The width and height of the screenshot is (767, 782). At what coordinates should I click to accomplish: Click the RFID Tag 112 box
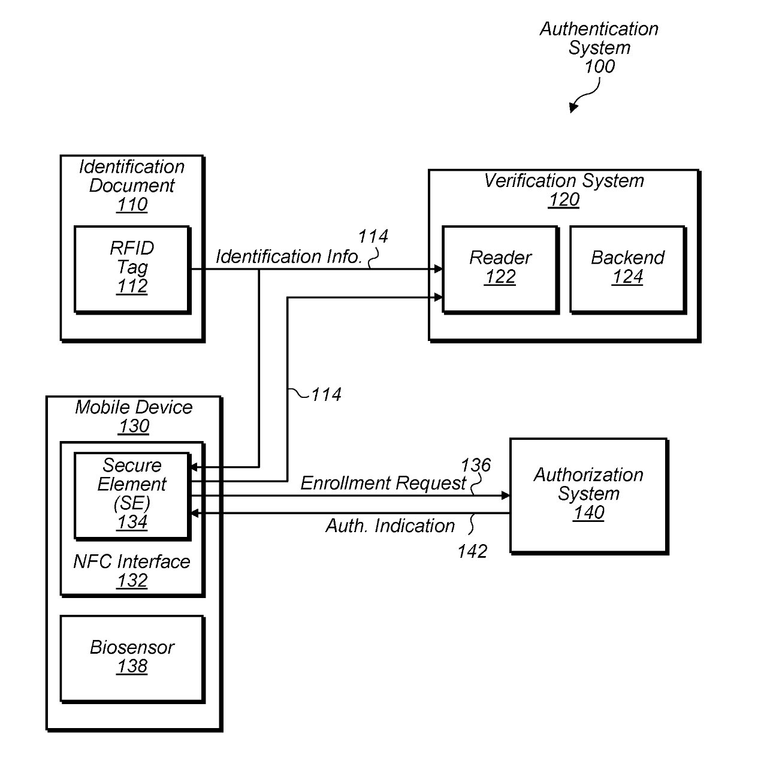click(x=132, y=268)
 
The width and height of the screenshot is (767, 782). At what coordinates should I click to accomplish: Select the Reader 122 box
click(x=500, y=268)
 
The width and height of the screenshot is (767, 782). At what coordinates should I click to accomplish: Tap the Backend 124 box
click(x=627, y=268)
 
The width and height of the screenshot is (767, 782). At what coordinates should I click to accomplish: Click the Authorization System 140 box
click(x=588, y=495)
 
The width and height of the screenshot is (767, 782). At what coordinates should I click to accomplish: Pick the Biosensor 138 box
click(x=132, y=658)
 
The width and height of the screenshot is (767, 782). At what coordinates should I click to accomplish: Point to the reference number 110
click(x=132, y=205)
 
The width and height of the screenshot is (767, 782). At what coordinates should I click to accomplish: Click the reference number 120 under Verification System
click(x=564, y=200)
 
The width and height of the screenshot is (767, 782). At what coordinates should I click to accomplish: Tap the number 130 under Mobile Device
click(x=134, y=427)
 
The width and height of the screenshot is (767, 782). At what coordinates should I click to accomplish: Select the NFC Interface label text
click(x=132, y=561)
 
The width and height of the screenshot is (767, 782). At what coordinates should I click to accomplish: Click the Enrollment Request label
click(x=383, y=483)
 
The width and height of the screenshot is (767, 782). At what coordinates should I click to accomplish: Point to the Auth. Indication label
click(x=390, y=526)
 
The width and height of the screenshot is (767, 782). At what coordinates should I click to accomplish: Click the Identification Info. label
click(x=289, y=256)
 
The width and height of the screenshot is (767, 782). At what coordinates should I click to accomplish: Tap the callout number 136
click(x=475, y=465)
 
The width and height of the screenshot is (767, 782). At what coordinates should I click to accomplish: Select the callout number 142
click(x=472, y=551)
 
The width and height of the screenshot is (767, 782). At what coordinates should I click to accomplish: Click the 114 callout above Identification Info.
click(x=373, y=237)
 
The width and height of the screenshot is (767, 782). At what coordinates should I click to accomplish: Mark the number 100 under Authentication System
click(x=599, y=67)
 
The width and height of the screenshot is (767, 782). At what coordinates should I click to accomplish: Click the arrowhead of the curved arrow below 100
click(x=573, y=108)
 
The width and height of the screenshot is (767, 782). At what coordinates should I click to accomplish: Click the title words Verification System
click(x=564, y=180)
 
